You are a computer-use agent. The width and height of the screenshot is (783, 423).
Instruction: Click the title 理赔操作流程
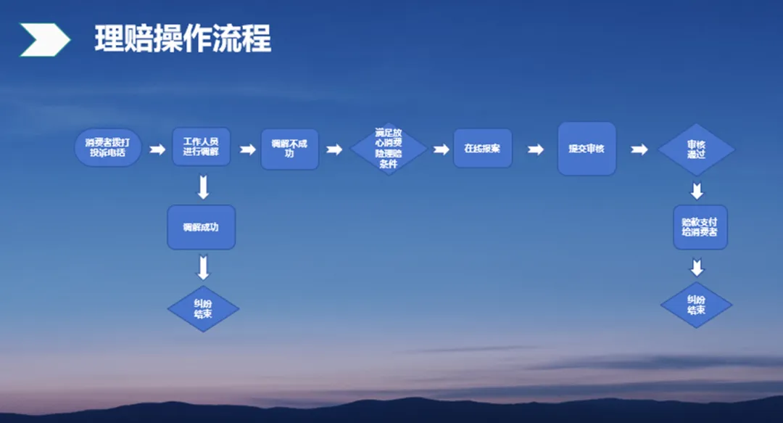point(183,39)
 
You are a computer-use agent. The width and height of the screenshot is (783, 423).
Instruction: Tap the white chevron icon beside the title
point(45,39)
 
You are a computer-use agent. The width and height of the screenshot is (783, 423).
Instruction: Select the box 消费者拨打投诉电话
point(108,148)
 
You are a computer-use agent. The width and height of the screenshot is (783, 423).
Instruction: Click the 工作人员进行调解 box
point(202,147)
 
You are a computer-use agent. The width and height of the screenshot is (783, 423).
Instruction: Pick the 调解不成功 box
point(289,149)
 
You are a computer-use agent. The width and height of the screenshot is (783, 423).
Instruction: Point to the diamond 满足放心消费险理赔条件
point(389,149)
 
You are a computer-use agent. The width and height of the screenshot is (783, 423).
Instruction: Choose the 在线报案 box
point(483,149)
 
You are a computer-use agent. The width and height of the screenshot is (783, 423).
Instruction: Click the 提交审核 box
point(587,149)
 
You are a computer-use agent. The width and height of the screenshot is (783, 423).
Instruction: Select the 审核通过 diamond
point(697,149)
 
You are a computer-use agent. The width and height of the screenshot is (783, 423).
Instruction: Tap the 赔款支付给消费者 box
point(700,227)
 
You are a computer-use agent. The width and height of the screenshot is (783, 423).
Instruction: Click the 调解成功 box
point(201,227)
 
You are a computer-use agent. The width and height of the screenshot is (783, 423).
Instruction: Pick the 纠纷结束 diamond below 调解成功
point(203,309)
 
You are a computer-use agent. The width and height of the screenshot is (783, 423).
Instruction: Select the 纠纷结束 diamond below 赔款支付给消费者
point(697,305)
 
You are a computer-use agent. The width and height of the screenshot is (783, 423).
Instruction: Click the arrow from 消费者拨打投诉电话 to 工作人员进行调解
point(157,149)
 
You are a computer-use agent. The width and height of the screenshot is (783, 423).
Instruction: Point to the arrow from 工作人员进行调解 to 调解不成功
point(247,149)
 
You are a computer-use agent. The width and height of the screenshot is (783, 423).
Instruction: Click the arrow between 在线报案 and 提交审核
point(535,149)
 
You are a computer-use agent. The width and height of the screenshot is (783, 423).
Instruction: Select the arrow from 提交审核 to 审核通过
point(639,149)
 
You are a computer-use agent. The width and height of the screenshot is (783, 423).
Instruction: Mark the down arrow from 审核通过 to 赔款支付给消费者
point(697,192)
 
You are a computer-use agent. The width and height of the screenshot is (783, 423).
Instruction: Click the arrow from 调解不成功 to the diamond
point(333,149)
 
